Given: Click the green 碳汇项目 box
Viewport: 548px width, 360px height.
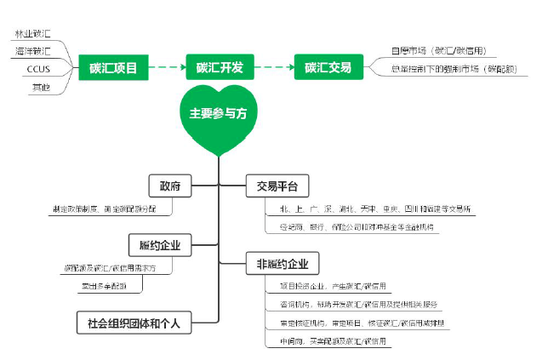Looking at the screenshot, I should click(114, 66).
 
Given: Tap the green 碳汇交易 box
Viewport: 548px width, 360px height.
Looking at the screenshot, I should click(328, 66).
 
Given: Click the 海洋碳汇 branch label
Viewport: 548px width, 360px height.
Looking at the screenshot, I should click(32, 52).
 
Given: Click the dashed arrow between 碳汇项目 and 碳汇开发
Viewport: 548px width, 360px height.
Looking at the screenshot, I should click(168, 66).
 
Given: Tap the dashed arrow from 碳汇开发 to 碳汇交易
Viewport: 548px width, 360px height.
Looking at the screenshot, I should click(275, 66).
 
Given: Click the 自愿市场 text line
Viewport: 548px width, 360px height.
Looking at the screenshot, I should click(437, 51).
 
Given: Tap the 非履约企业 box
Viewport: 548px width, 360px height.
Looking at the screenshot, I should click(282, 262).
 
